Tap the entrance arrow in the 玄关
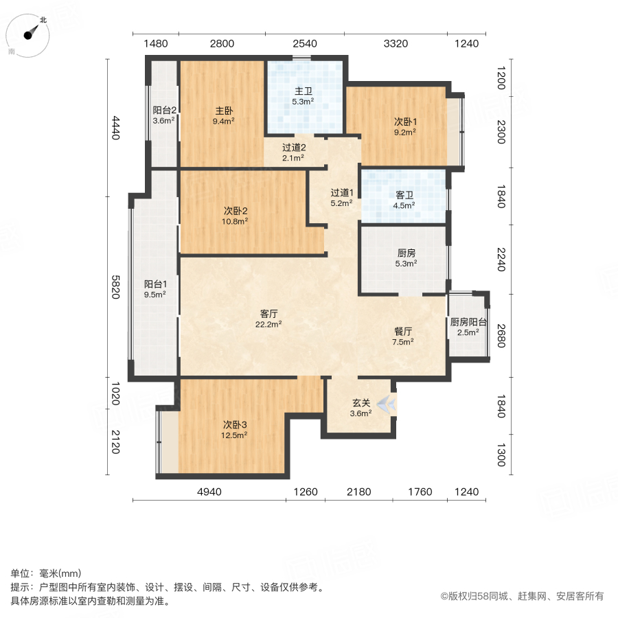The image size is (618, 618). click(387, 404)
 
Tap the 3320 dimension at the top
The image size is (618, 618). click(396, 44)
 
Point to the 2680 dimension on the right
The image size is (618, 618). click(501, 336)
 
